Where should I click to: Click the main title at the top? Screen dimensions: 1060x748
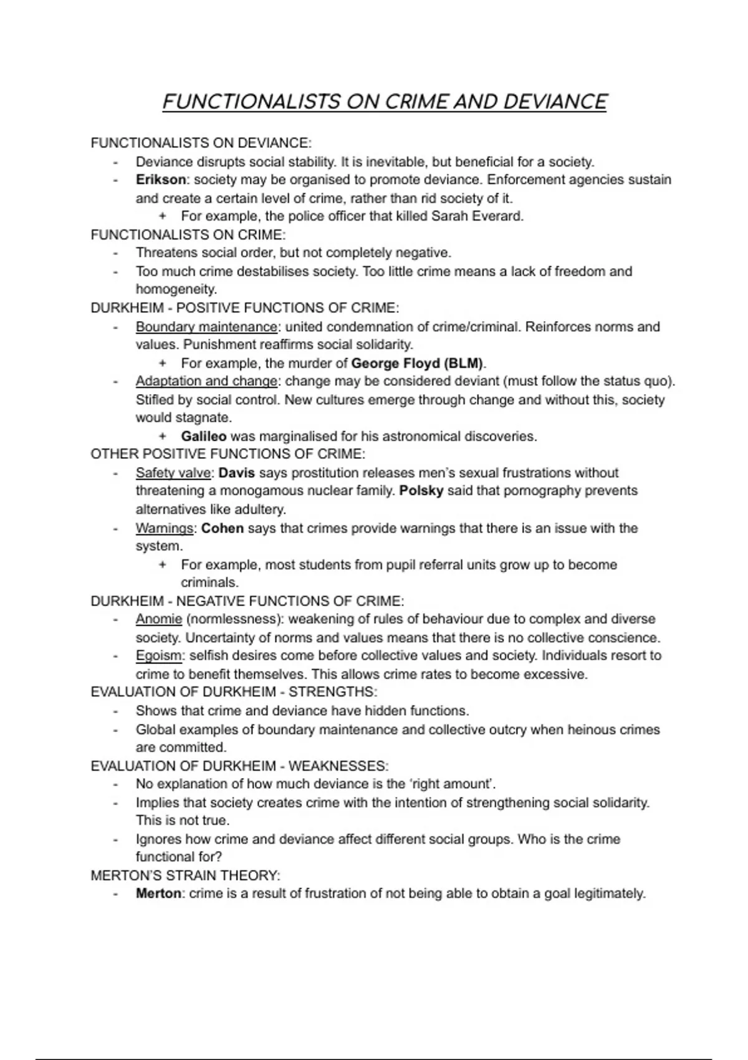[x=384, y=102]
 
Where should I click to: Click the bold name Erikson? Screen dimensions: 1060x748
[x=160, y=180]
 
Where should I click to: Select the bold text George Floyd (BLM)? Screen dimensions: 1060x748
[x=418, y=363]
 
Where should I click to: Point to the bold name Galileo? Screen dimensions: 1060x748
[x=203, y=436]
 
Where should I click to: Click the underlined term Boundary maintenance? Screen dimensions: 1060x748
[x=206, y=327]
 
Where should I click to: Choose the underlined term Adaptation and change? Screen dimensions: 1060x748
[x=206, y=381]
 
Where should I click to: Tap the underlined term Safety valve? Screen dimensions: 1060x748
[x=173, y=473]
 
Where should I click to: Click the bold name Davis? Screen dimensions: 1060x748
[x=236, y=473]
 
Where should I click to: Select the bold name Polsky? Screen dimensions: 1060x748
[x=421, y=491]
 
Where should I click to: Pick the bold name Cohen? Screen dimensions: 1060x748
[x=223, y=528]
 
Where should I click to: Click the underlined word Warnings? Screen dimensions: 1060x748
[x=165, y=528]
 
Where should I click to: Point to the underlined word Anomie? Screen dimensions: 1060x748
[x=159, y=619]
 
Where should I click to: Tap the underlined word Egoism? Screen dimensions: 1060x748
[x=159, y=656]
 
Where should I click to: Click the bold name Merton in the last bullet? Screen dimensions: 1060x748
[x=158, y=894]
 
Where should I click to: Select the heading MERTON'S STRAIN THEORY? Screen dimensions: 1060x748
[x=185, y=875]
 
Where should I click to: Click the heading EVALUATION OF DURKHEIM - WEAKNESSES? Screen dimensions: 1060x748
[x=239, y=766]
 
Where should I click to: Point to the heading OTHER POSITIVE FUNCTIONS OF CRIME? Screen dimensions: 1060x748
[x=228, y=454]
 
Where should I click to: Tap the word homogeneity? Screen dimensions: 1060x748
[x=176, y=289]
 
